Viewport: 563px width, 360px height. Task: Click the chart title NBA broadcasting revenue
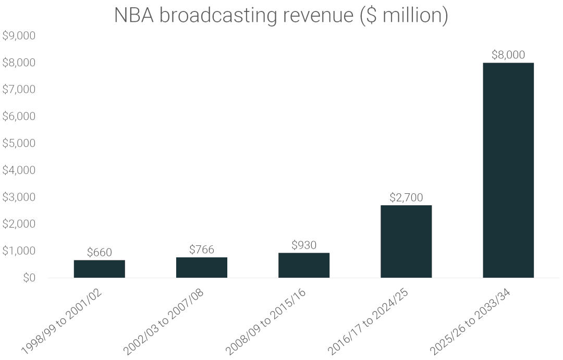pyautogui.click(x=281, y=16)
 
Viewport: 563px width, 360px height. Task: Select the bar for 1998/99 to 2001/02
pyautogui.click(x=99, y=269)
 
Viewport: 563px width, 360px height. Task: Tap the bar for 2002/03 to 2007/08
pyautogui.click(x=201, y=267)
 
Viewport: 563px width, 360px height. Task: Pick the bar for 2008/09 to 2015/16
pyautogui.click(x=304, y=265)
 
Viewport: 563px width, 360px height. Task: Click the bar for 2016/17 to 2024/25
pyautogui.click(x=406, y=241)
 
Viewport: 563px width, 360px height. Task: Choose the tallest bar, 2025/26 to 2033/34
pyautogui.click(x=508, y=170)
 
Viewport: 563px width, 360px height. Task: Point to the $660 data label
pyautogui.click(x=99, y=252)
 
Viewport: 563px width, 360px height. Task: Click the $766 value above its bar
pyautogui.click(x=201, y=250)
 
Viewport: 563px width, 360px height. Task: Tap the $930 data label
pyautogui.click(x=304, y=245)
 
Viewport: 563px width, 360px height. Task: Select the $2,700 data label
pyautogui.click(x=406, y=197)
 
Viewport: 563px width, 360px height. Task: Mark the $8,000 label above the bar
pyautogui.click(x=508, y=55)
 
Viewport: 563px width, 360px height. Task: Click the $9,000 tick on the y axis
pyautogui.click(x=19, y=36)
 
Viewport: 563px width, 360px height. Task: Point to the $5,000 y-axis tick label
pyautogui.click(x=19, y=143)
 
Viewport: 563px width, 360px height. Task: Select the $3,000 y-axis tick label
pyautogui.click(x=19, y=197)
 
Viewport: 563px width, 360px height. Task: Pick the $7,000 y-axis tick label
pyautogui.click(x=19, y=90)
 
